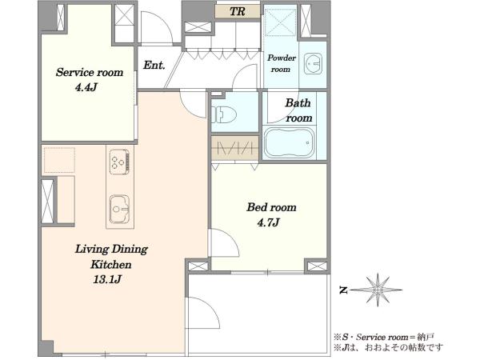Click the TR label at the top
click(238, 12)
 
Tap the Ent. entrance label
click(154, 65)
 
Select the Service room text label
click(90, 72)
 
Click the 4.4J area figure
click(86, 87)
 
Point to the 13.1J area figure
click(107, 279)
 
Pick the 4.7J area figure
click(269, 222)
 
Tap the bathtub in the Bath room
click(290, 142)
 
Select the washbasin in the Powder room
click(313, 64)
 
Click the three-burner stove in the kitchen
click(119, 162)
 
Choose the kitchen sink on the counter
click(120, 209)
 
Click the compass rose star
click(378, 290)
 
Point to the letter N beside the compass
click(343, 290)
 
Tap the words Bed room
click(271, 207)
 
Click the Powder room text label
click(282, 63)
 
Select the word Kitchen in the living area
click(111, 264)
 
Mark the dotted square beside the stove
click(59, 160)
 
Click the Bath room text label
click(298, 110)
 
